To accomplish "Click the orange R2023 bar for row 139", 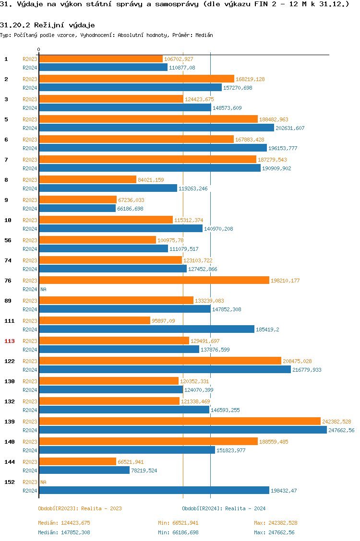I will [x=180, y=421].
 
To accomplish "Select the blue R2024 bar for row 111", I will [x=146, y=329].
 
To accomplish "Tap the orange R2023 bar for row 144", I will [x=78, y=461].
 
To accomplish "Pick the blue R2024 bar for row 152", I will [x=154, y=490].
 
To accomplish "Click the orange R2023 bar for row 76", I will [x=154, y=280].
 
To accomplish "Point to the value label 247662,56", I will [x=341, y=430].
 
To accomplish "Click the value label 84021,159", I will [x=151, y=180].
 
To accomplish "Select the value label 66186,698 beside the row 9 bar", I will [x=130, y=209].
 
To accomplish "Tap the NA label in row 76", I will [x=43, y=289].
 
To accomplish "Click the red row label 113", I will [x=10, y=341].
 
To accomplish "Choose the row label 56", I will [x=8, y=240].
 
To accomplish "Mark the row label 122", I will [x=10, y=361].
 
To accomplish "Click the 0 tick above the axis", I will [x=38, y=49].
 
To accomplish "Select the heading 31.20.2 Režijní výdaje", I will [x=48, y=25].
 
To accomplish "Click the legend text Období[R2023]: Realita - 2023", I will [x=80, y=508].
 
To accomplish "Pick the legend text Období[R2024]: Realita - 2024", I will [x=224, y=508].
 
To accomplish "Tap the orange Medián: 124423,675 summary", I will [x=64, y=523].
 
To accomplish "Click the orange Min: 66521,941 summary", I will [x=178, y=523].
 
